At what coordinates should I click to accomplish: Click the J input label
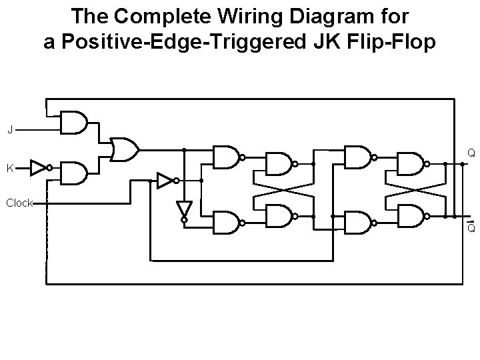pyautogui.click(x=10, y=129)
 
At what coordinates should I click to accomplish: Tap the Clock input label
pyautogui.click(x=19, y=203)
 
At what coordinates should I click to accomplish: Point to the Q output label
pyautogui.click(x=471, y=153)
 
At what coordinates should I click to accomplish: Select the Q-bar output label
pyautogui.click(x=471, y=229)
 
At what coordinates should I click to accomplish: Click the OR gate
pyautogui.click(x=125, y=149)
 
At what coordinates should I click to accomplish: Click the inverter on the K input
pyautogui.click(x=40, y=168)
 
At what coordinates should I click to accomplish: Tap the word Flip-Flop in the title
pyautogui.click(x=392, y=42)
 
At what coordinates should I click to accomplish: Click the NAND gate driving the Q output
pyautogui.click(x=411, y=162)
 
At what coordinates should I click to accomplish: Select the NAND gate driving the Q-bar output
pyautogui.click(x=411, y=215)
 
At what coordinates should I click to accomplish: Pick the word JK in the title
pyautogui.click(x=327, y=42)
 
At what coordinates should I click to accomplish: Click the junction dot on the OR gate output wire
pyautogui.click(x=183, y=149)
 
